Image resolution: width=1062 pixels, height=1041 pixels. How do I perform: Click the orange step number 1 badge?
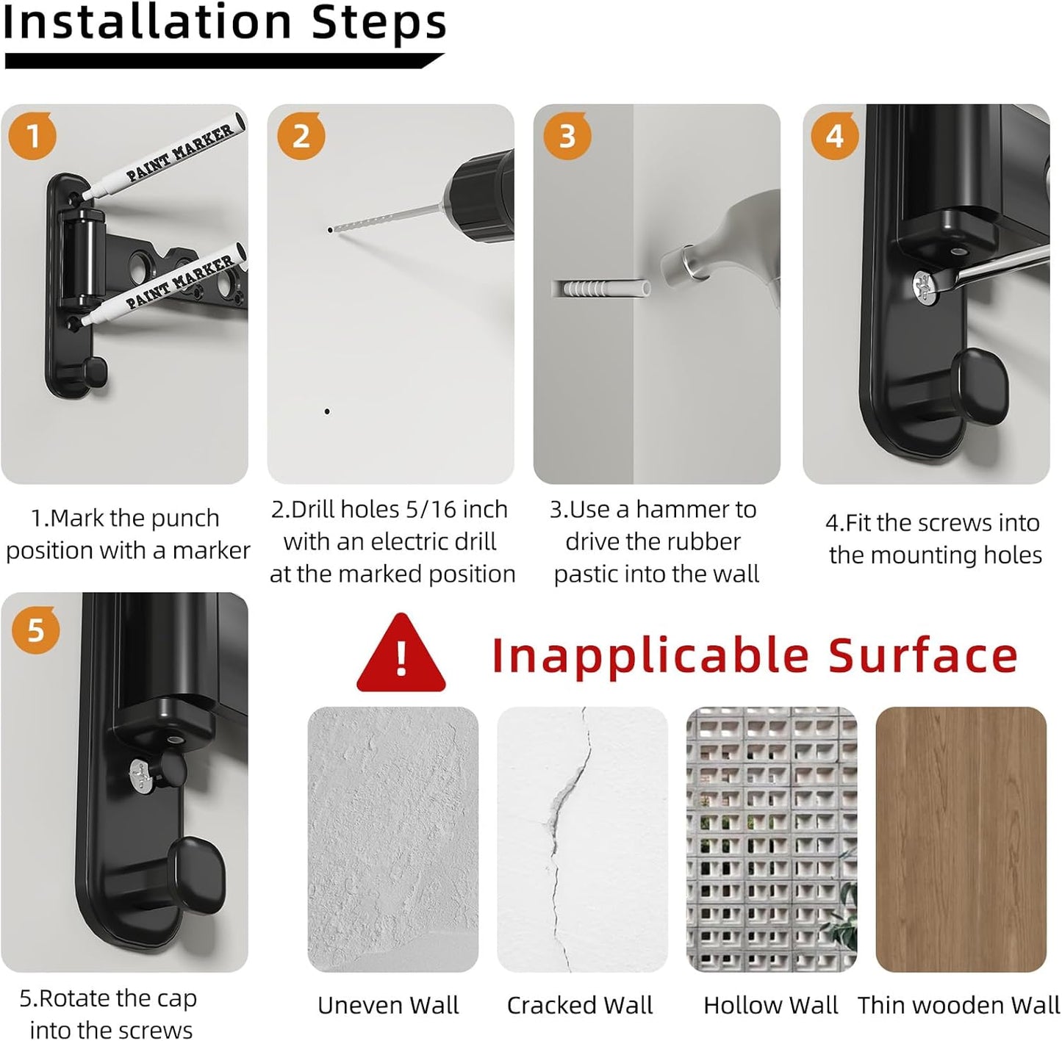tap(32, 136)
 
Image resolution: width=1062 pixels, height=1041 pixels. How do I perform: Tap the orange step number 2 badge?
tap(301, 136)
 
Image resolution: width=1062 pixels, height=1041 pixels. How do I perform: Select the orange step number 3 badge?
tap(567, 136)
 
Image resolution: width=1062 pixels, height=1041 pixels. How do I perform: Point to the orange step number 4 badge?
tap(834, 136)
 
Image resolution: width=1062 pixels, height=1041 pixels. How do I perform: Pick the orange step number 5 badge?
tap(36, 630)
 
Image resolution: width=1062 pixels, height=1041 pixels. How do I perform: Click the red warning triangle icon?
tap(401, 654)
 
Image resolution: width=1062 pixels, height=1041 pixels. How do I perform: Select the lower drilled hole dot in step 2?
tap(327, 411)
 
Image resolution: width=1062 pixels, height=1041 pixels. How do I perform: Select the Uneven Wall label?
tap(389, 1006)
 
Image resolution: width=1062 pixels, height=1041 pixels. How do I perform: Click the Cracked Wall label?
tap(580, 1006)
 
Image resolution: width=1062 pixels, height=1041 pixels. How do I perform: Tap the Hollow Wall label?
tap(770, 1006)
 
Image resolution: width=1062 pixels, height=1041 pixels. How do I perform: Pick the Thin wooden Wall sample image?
tap(961, 839)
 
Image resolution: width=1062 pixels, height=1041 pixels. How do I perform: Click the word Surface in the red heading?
tap(922, 655)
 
